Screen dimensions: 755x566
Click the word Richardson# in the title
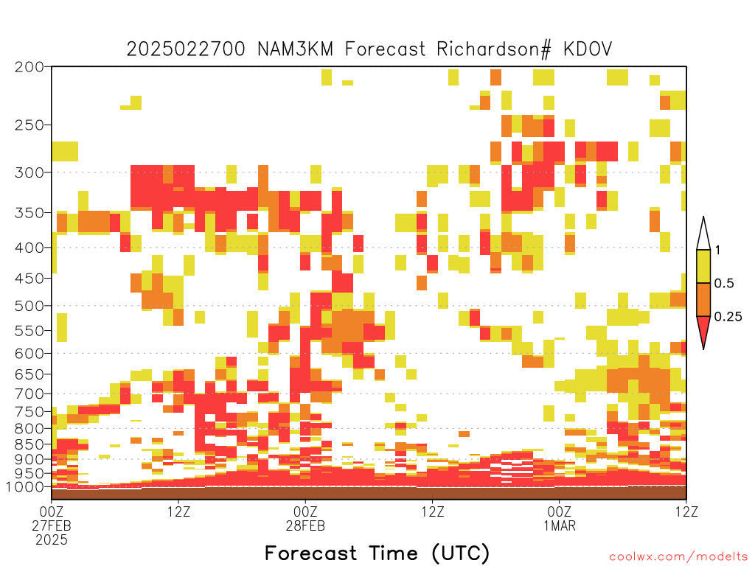493,49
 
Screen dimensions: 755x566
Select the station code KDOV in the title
588,49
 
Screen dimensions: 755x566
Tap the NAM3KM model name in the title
295,49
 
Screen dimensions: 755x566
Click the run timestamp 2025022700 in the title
186,49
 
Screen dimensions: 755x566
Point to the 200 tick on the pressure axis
29,67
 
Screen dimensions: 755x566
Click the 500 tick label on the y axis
29,306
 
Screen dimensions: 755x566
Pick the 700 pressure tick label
29,394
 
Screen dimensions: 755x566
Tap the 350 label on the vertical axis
29,213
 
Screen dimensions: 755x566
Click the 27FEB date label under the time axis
52,525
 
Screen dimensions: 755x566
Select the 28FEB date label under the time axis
305,525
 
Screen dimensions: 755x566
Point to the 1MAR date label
560,525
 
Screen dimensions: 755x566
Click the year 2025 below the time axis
52,539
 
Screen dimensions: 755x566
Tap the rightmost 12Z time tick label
686,511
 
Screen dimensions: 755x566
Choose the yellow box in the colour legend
703,266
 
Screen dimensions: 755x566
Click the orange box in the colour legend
703,299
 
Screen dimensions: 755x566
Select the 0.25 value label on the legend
728,316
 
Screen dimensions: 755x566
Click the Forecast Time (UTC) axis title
377,553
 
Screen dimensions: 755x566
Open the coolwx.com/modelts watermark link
679,557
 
